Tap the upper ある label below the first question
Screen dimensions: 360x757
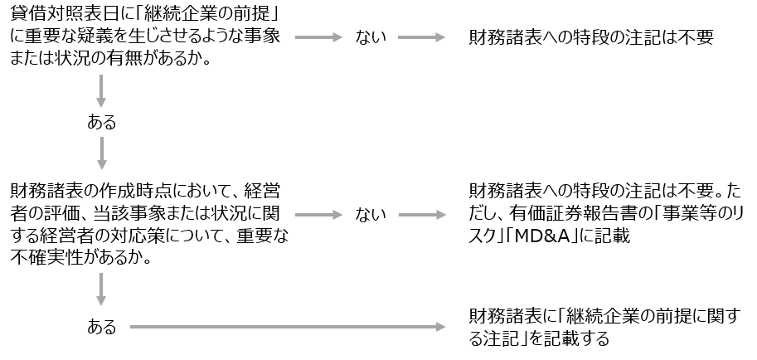tap(102, 123)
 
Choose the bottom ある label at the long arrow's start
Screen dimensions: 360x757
tap(102, 327)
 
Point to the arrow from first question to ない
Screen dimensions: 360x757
tap(318, 38)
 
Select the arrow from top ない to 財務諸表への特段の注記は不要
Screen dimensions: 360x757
tap(422, 38)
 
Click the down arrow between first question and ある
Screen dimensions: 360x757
tap(102, 90)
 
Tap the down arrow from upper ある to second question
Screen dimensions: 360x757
tap(102, 154)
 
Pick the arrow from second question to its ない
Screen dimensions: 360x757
tap(318, 215)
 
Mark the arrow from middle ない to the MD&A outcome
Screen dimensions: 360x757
tap(422, 215)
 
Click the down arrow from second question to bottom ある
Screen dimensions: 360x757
tap(102, 287)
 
